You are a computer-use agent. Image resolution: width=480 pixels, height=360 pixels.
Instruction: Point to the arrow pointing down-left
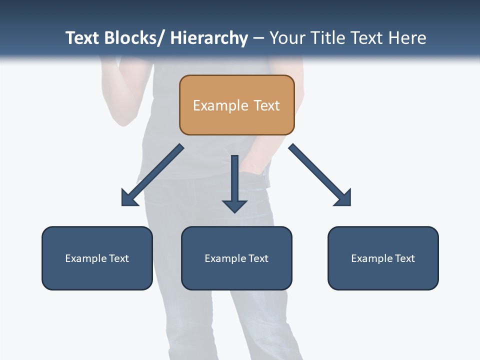pyautogui.click(x=152, y=175)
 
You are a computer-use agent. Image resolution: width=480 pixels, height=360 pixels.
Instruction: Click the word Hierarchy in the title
pyautogui.click(x=209, y=38)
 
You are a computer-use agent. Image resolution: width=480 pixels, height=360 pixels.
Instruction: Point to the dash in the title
pyautogui.click(x=258, y=38)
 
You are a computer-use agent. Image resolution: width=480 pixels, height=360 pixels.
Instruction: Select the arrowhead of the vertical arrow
pyautogui.click(x=234, y=205)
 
